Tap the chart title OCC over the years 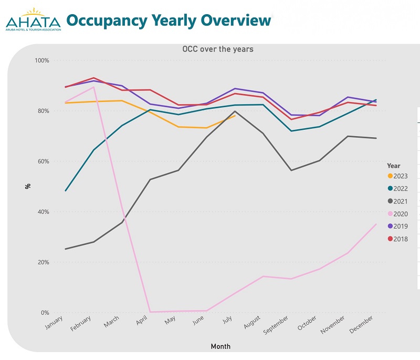tap(217, 49)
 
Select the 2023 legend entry tap(397, 177)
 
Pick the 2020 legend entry tap(397, 214)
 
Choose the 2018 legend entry tap(397, 239)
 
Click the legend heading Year tap(393, 166)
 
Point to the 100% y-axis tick tap(41, 60)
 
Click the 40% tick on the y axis tap(43, 212)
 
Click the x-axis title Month tap(220, 346)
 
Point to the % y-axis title tap(27, 186)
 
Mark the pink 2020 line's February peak tap(93, 87)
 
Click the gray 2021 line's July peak tap(235, 111)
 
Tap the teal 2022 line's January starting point tap(65, 191)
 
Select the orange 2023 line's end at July tap(235, 115)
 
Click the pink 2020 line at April tap(150, 312)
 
